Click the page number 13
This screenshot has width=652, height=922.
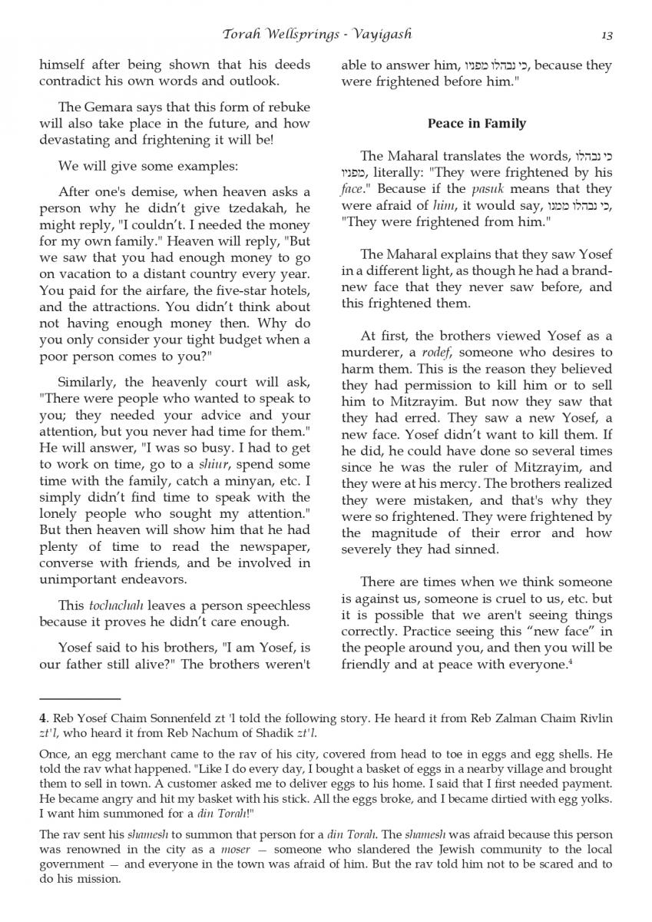[x=607, y=35]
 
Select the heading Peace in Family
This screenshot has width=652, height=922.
[x=476, y=123]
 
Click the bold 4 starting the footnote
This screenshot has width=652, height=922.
[x=42, y=718]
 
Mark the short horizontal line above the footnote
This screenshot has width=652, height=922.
[x=80, y=698]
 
